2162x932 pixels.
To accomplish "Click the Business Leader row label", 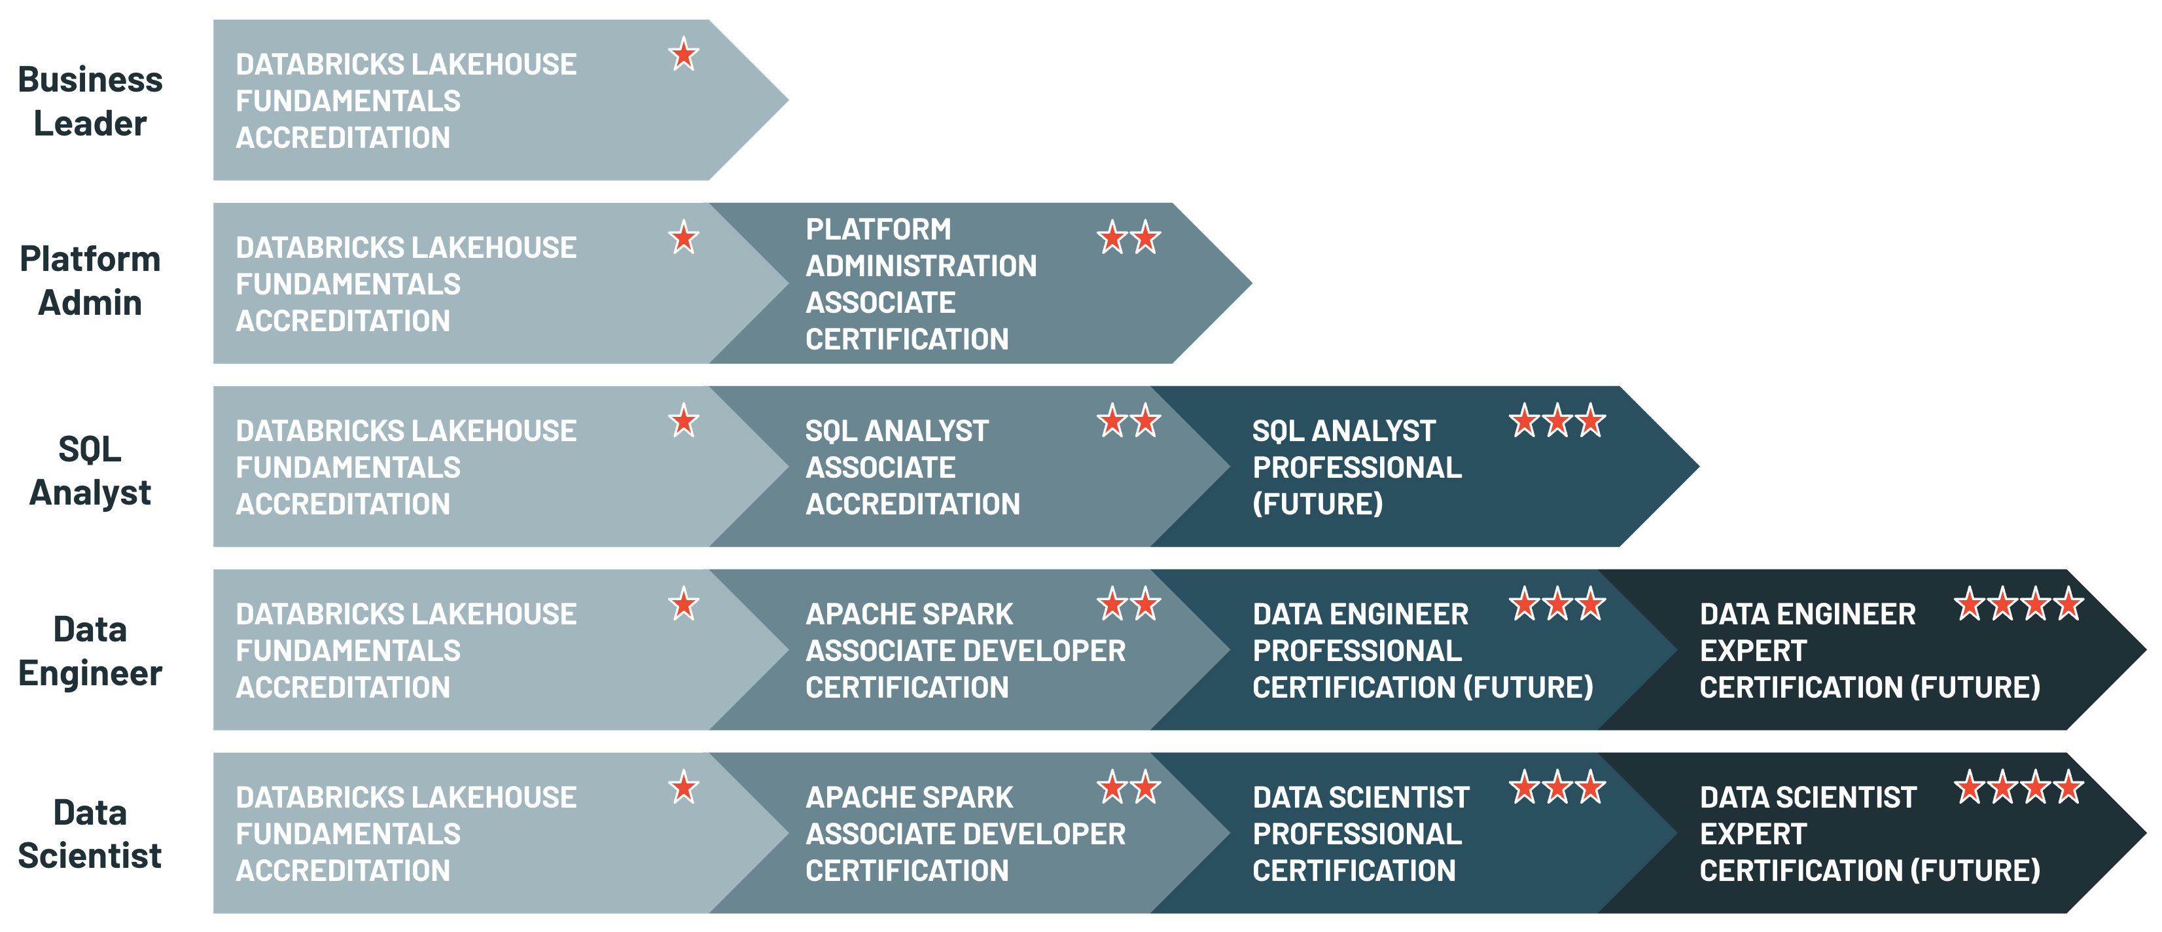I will coord(90,101).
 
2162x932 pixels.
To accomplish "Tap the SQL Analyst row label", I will coord(90,470).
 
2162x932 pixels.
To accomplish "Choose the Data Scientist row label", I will coord(90,834).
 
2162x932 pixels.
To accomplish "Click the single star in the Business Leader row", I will coord(684,56).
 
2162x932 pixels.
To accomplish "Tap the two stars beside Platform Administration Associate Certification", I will coord(1129,238).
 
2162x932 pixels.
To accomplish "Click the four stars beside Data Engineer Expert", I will coord(2019,605).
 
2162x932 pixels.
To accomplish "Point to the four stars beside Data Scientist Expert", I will coord(2019,787).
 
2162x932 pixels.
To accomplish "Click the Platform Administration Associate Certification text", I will coord(921,284).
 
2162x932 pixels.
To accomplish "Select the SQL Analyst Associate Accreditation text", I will coord(912,467).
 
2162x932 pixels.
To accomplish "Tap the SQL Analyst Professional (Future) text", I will coord(1356,467).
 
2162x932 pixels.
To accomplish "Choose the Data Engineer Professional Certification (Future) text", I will coord(1423,651).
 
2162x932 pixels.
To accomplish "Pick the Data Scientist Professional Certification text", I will coord(1360,834).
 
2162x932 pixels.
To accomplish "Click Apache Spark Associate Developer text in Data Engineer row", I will coord(965,651).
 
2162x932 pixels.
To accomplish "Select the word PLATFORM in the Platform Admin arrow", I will coord(878,229).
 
